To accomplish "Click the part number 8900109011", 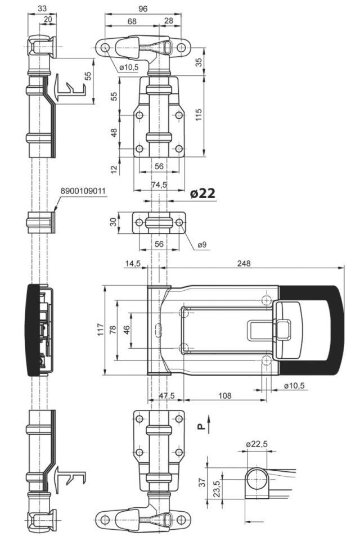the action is point(83,191).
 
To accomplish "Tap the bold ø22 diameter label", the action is point(202,193).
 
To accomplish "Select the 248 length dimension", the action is point(244,263).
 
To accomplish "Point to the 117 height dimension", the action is point(101,330).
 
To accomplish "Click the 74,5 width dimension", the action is point(159,184).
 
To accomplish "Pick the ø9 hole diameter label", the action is point(202,245).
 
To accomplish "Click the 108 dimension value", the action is point(225,395).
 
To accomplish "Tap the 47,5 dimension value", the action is point(166,395).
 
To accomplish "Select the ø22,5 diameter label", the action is point(257,444).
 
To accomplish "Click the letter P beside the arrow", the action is point(201,427).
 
